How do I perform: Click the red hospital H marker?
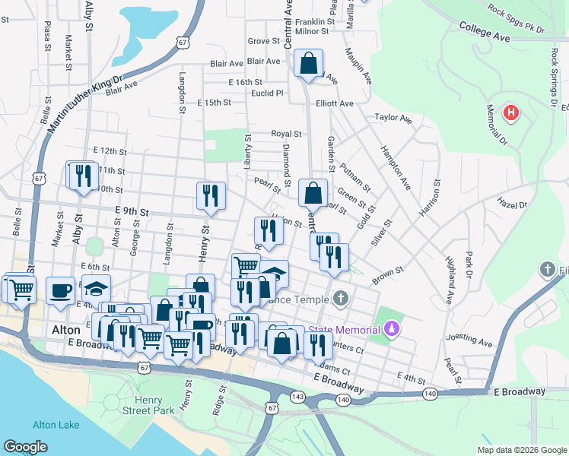tap(512, 113)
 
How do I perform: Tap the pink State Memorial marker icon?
tap(392, 328)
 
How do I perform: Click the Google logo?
tap(26, 447)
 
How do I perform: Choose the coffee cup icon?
tap(60, 290)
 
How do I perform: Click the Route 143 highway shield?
tap(299, 395)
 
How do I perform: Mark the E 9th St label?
tap(132, 210)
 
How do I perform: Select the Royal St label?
tap(287, 134)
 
